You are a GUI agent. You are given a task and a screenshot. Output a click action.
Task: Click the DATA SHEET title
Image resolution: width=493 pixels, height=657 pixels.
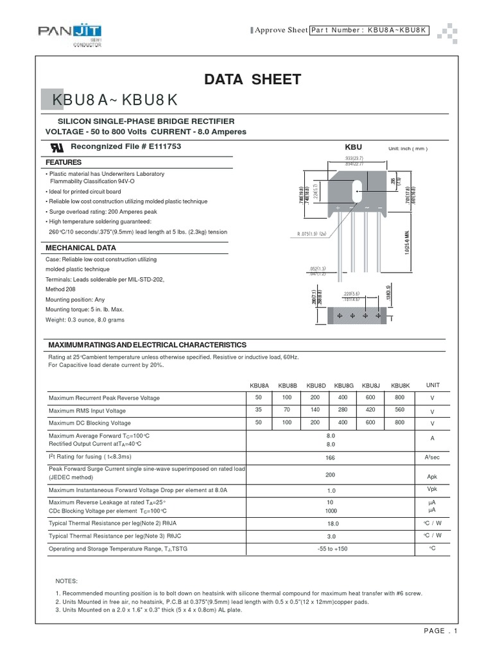252,80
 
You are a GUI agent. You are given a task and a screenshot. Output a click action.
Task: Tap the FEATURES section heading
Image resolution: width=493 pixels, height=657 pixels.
63,163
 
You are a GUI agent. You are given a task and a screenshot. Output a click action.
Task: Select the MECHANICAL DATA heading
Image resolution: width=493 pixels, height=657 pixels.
80,248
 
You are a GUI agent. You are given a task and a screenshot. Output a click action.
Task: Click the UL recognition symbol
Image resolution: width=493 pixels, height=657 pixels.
56,147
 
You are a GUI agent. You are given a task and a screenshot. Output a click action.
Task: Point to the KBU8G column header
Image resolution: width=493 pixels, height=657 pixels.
344,386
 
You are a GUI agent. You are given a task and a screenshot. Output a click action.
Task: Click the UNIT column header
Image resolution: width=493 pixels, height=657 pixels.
433,385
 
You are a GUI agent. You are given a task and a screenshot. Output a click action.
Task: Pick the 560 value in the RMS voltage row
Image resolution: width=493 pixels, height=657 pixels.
399,411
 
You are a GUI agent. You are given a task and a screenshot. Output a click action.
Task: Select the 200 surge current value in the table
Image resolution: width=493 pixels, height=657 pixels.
331,475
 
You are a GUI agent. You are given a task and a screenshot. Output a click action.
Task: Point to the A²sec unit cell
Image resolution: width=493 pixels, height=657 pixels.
432,457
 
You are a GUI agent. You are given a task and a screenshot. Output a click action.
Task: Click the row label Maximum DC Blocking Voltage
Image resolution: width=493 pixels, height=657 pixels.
89,423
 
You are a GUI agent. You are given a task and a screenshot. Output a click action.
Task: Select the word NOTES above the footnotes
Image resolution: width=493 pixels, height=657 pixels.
67,580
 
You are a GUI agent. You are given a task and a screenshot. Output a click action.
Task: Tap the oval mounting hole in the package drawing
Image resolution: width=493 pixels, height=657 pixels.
356,191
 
